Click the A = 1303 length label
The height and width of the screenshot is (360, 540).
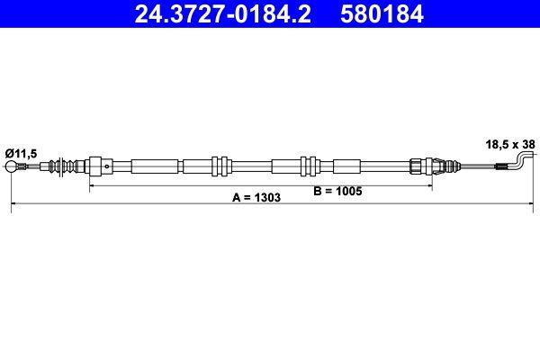pyautogui.click(x=251, y=197)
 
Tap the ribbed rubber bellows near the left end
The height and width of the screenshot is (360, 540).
pyautogui.click(x=64, y=166)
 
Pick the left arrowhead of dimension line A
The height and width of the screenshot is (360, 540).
pyautogui.click(x=12, y=206)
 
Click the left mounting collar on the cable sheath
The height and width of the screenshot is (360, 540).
pyautogui.click(x=217, y=166)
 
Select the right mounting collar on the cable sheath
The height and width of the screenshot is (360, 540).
pyautogui.click(x=310, y=166)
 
